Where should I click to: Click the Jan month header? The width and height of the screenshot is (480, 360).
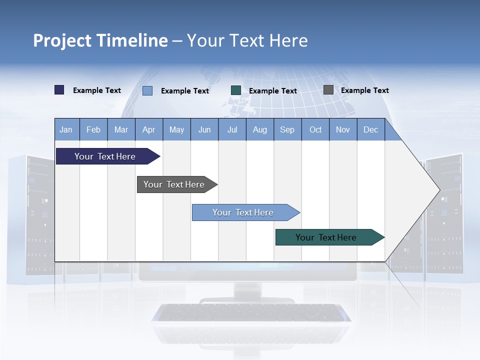66,130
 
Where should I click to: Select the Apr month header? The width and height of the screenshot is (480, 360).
148,130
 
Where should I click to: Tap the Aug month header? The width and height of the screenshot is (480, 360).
259,130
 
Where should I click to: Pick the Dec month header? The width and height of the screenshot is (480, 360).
370,130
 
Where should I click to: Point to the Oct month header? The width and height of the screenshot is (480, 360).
315,130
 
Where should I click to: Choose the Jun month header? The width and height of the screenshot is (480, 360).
204,130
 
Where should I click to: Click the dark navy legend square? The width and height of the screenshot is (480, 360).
59,90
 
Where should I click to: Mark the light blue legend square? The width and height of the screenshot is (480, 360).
147,90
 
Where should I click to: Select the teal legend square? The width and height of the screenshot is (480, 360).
235,90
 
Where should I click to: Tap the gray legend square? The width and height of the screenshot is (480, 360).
328,90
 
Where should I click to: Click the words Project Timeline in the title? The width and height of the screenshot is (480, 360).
100,40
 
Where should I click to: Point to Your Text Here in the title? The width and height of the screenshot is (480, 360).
247,40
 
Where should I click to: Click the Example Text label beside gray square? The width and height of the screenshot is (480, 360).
364,90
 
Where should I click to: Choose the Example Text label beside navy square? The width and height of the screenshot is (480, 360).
96,90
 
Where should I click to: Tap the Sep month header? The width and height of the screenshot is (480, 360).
287,130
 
